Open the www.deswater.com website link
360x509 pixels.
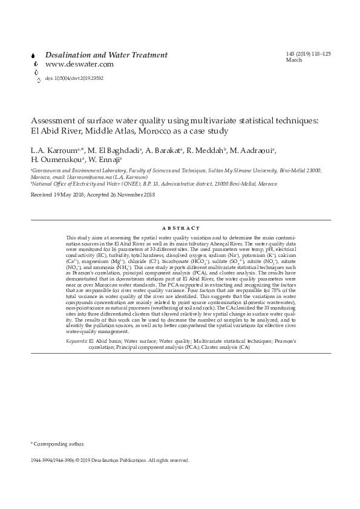[x=79, y=64]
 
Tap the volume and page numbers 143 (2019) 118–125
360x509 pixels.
[x=308, y=54]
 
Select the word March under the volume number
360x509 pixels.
[x=293, y=60]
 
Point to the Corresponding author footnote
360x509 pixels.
[x=59, y=444]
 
